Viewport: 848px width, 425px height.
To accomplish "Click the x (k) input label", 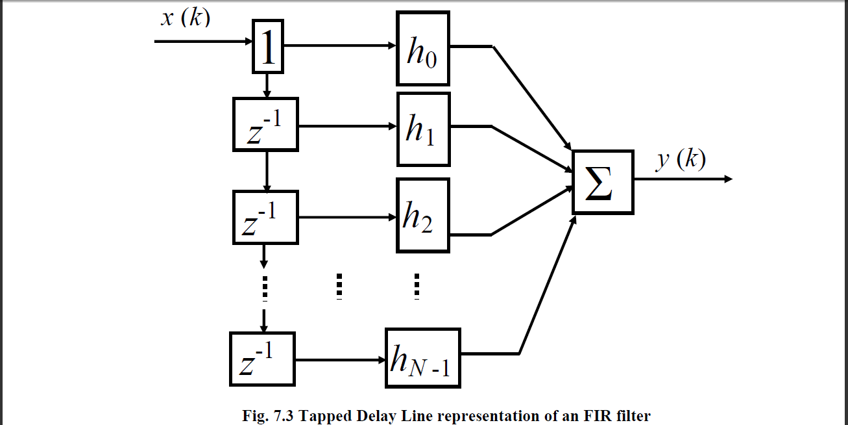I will (186, 18).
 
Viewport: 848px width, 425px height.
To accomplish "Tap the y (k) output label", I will (680, 159).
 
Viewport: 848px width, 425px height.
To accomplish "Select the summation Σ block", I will (602, 183).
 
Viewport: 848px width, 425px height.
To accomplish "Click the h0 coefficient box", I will (422, 49).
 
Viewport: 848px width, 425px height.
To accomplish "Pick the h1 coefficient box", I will (422, 128).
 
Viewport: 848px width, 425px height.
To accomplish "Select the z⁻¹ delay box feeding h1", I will (265, 125).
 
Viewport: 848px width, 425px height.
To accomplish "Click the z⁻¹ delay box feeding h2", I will (265, 217).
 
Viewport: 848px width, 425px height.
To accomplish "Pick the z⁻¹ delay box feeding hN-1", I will (262, 359).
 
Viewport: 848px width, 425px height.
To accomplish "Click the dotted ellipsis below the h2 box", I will (417, 287).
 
